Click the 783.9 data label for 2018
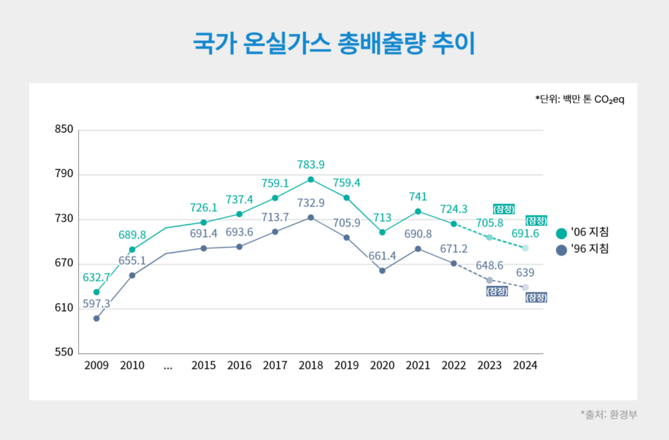click(x=310, y=165)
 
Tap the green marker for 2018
click(x=311, y=180)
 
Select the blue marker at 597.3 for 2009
click(x=96, y=319)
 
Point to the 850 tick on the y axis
click(x=64, y=129)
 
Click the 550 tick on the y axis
click(x=64, y=353)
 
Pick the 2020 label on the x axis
click(x=382, y=366)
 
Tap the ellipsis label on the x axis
click(x=168, y=366)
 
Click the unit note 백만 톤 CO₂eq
click(x=576, y=100)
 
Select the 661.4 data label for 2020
click(x=382, y=257)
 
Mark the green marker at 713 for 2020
click(x=382, y=232)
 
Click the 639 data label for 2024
click(x=526, y=272)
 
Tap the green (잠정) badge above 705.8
click(x=504, y=209)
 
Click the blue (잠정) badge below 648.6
click(x=497, y=291)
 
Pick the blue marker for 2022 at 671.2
click(x=453, y=263)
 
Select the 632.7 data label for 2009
click(x=96, y=277)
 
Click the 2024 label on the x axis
click(x=525, y=366)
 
